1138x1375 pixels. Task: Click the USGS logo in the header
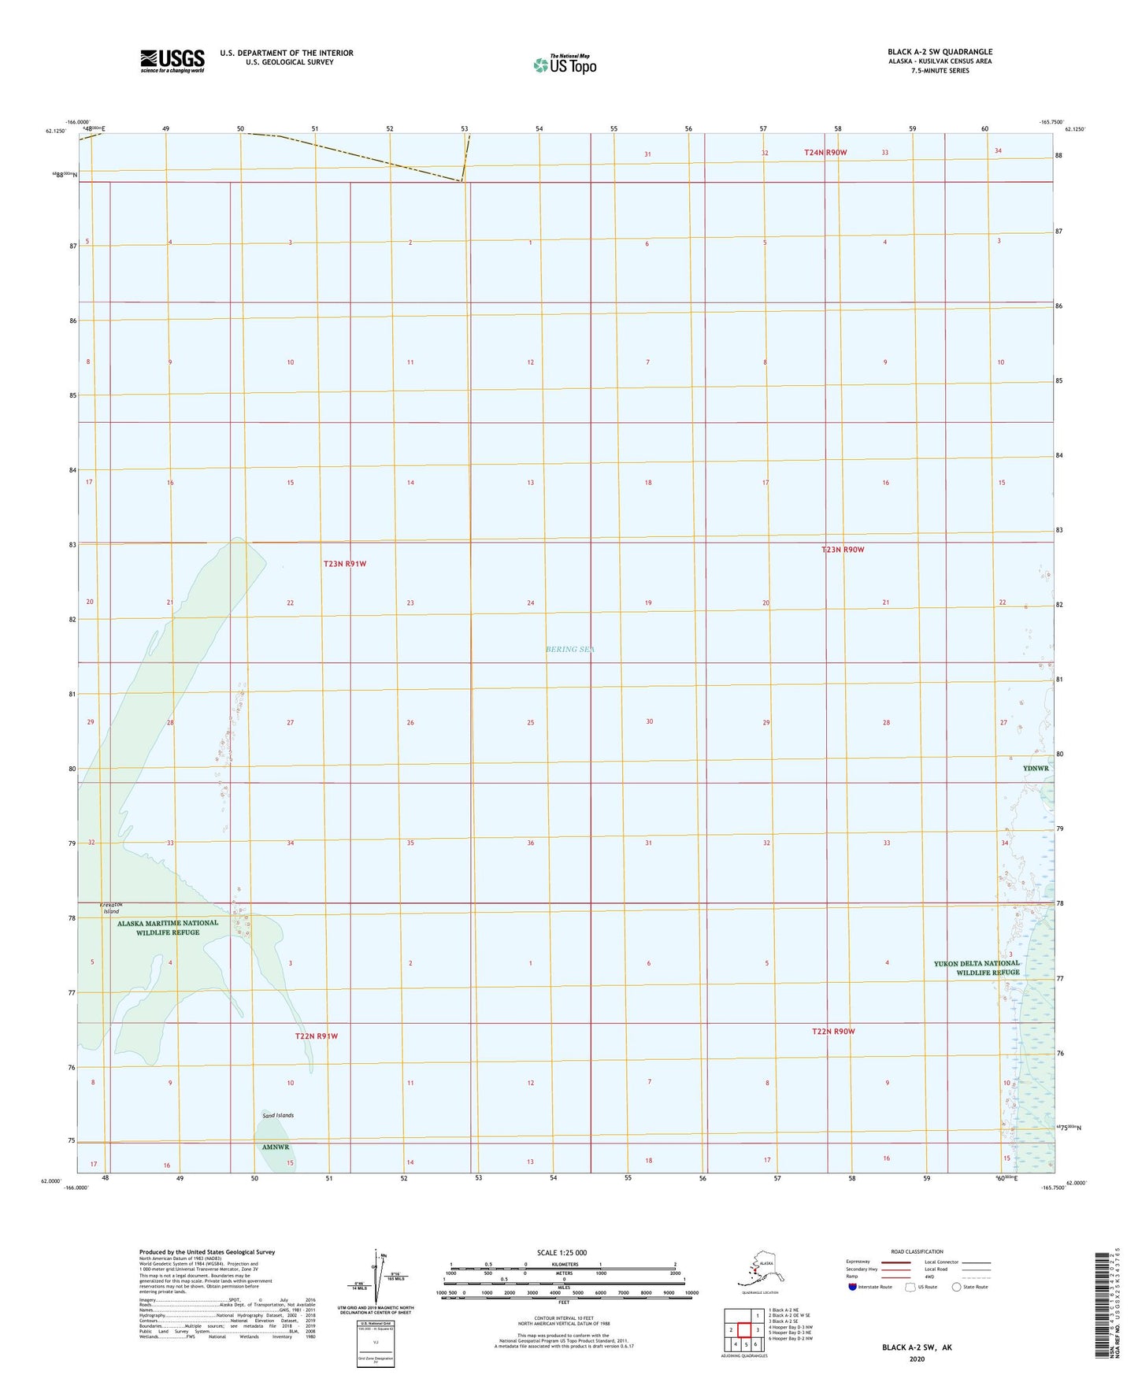tap(172, 61)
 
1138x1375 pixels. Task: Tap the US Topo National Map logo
tap(565, 64)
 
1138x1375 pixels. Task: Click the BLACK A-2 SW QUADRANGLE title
tap(940, 52)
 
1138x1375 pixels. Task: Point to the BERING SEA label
tap(570, 650)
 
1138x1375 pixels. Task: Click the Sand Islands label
tap(278, 1115)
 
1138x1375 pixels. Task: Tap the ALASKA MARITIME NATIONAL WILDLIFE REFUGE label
tap(168, 928)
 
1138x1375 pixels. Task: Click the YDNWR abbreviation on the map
tap(1036, 768)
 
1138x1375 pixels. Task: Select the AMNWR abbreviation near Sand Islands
tap(276, 1147)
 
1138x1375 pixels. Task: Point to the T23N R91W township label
tap(345, 564)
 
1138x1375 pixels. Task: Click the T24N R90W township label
tap(825, 152)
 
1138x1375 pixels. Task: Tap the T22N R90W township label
tap(833, 1031)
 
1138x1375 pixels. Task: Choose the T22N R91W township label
tap(316, 1036)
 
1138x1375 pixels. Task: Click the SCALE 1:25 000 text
tap(562, 1252)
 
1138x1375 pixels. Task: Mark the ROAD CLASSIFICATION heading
tap(917, 1251)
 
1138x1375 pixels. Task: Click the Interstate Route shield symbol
tap(852, 1287)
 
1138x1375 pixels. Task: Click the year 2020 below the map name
tap(917, 1358)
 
